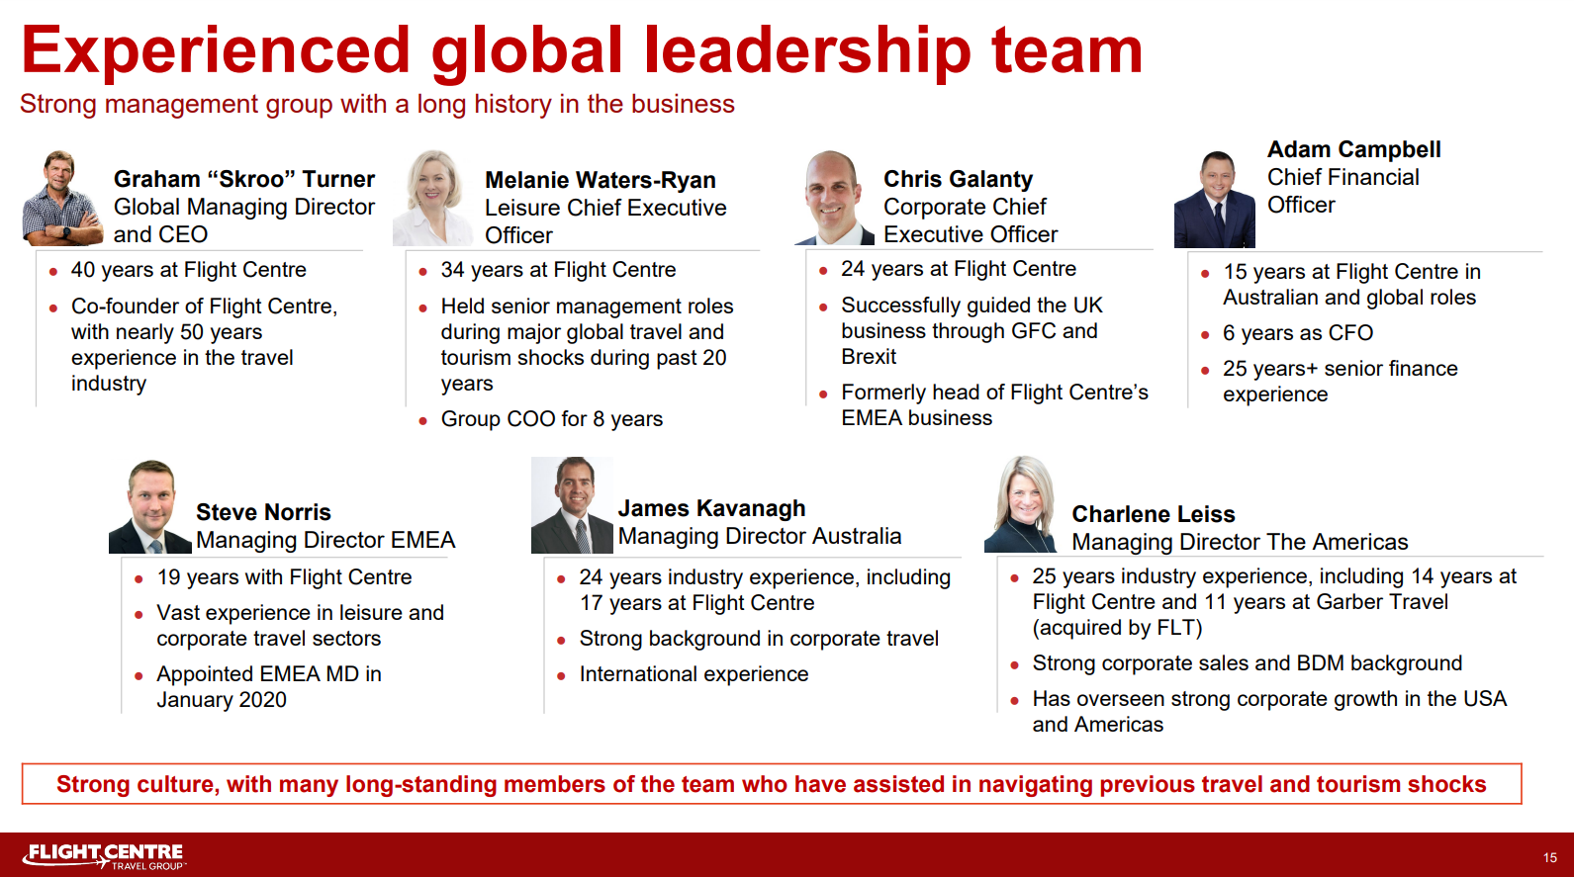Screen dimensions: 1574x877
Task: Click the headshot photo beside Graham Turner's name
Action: (x=62, y=198)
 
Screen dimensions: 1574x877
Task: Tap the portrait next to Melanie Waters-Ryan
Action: (x=433, y=198)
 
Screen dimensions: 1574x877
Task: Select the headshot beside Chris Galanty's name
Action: (x=834, y=198)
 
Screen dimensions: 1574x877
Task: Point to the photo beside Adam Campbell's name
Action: (x=1214, y=199)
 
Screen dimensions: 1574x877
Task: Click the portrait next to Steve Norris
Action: (x=149, y=506)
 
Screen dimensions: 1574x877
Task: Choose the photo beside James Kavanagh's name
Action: (x=572, y=505)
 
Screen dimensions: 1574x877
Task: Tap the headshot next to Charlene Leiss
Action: (x=1020, y=504)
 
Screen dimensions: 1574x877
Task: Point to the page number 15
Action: (x=1549, y=857)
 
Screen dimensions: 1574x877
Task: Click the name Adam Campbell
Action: (x=1353, y=149)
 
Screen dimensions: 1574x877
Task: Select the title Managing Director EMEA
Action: (x=325, y=540)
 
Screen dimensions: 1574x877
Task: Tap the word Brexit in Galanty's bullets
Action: (x=869, y=357)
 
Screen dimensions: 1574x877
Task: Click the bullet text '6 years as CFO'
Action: (x=1297, y=333)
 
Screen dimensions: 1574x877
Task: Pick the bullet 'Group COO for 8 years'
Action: (x=552, y=419)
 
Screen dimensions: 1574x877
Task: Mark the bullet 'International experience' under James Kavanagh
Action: (x=694, y=674)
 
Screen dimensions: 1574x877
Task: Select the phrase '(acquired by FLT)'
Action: (x=1117, y=628)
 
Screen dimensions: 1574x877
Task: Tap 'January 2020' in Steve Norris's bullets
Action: (x=222, y=700)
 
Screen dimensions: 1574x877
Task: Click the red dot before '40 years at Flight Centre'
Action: (x=53, y=272)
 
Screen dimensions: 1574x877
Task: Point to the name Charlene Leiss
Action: (x=1154, y=514)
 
